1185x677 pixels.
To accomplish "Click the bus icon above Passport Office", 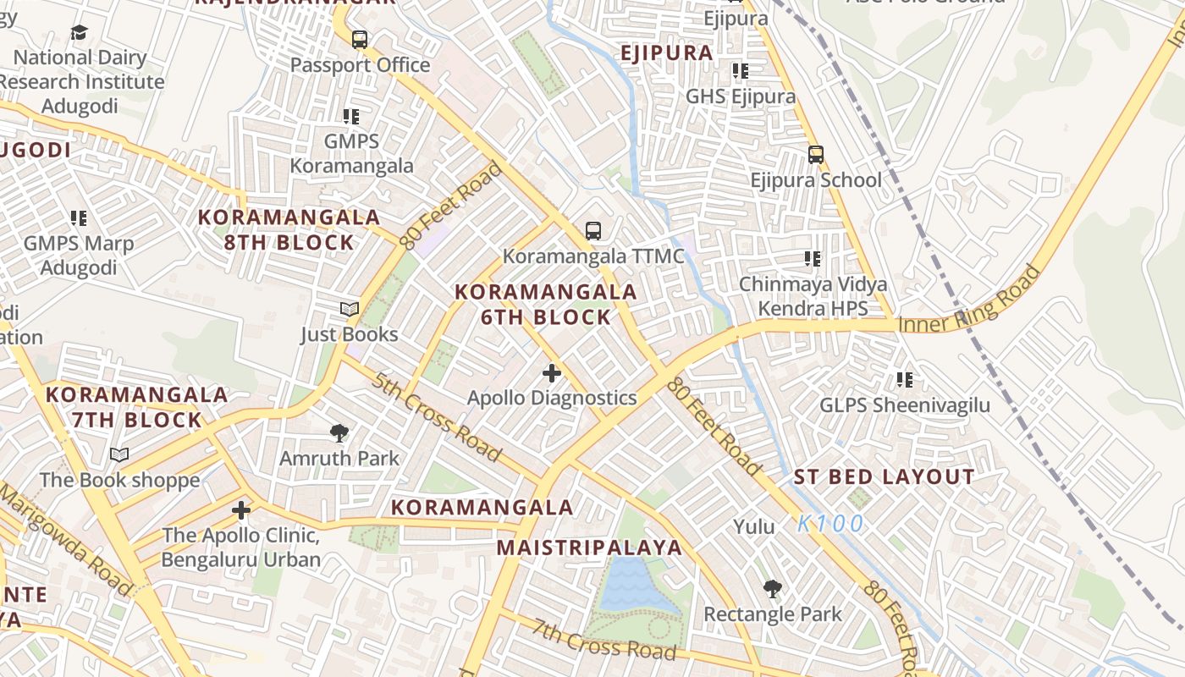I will pos(359,39).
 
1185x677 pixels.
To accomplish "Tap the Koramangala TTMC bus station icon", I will pos(593,230).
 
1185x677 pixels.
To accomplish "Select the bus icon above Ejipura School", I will pos(815,155).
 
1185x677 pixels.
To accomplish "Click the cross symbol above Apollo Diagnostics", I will pos(552,372).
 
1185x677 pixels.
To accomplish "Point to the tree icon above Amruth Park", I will pos(339,433).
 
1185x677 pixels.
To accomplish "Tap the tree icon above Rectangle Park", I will pos(772,589).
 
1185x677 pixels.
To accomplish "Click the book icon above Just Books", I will pos(349,310).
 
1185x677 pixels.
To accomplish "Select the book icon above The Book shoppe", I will pos(119,455).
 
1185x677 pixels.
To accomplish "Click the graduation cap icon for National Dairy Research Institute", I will pos(79,33).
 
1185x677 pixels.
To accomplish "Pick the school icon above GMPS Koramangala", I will pos(351,117).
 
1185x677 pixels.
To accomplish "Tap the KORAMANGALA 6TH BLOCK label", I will pos(546,305).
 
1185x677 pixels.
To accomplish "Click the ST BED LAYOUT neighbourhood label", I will pos(884,477).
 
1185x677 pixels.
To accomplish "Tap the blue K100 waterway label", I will pos(830,524).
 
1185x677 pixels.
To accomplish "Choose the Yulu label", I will pos(753,527).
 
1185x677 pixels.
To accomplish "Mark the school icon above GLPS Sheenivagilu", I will pos(904,380).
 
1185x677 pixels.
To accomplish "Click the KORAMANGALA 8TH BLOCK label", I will pos(289,229).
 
